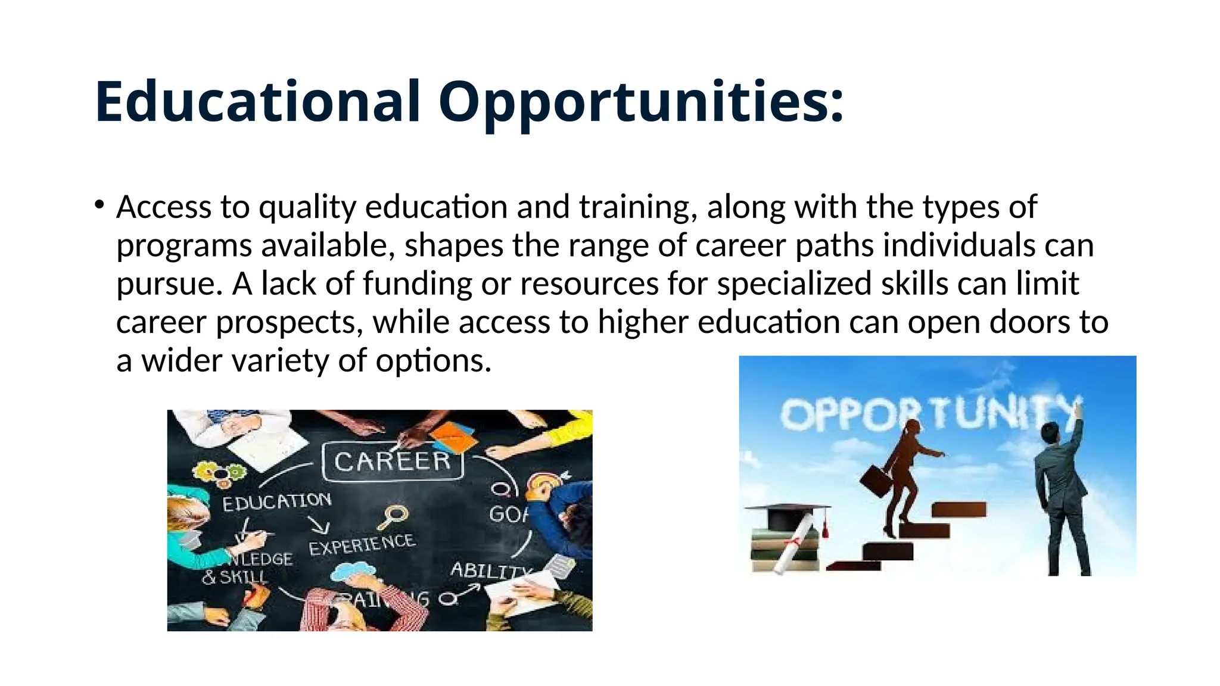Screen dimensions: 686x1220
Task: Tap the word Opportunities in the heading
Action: pyautogui.click(x=640, y=102)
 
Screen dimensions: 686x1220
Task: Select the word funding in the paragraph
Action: pyautogui.click(x=417, y=283)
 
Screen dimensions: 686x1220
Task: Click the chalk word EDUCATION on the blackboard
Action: pyautogui.click(x=276, y=501)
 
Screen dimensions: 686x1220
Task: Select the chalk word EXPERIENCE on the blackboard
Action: pyautogui.click(x=362, y=544)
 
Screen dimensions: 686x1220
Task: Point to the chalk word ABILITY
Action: pyautogui.click(x=488, y=570)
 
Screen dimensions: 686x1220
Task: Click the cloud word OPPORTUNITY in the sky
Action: pyautogui.click(x=929, y=413)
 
